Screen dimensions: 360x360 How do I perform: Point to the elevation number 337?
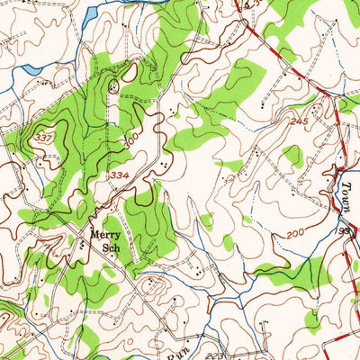tap(44, 137)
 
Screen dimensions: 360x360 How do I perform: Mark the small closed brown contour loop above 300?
tap(113, 86)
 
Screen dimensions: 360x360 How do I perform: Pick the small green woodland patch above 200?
tap(292, 157)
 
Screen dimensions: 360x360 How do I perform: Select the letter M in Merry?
tap(92, 237)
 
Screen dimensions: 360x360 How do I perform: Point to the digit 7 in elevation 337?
tap(50, 137)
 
